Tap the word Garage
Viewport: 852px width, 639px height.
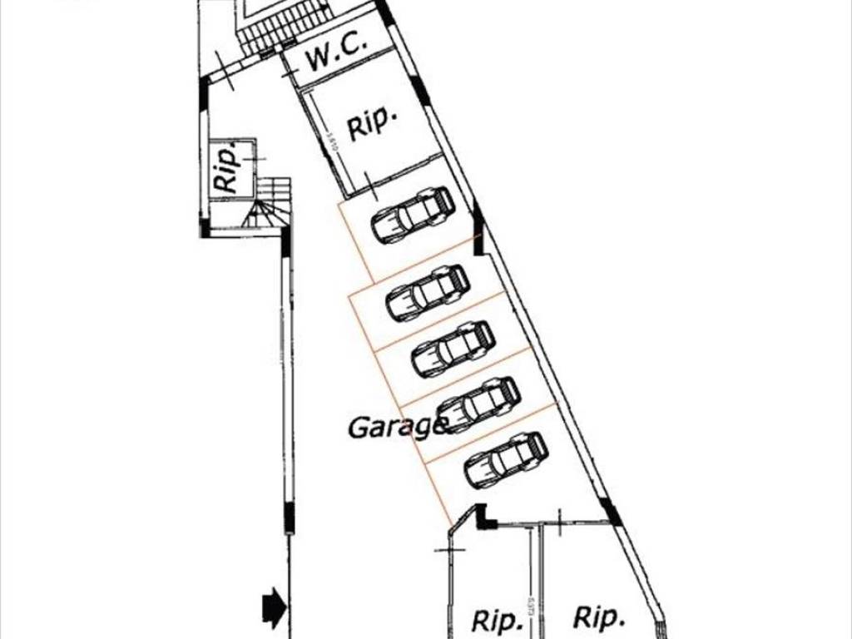[x=397, y=428]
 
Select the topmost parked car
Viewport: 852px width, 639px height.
[x=413, y=215]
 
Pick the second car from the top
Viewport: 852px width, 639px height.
[x=428, y=293]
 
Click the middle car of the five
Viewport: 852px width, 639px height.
[x=453, y=349]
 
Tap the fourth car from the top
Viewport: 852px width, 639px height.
[x=478, y=404]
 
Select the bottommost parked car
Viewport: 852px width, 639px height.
[x=506, y=459]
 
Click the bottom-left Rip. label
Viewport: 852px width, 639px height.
[x=497, y=620]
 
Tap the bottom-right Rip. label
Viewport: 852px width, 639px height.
[x=598, y=617]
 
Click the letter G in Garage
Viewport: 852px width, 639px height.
[x=358, y=428]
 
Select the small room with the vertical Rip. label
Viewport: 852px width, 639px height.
[x=230, y=168]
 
